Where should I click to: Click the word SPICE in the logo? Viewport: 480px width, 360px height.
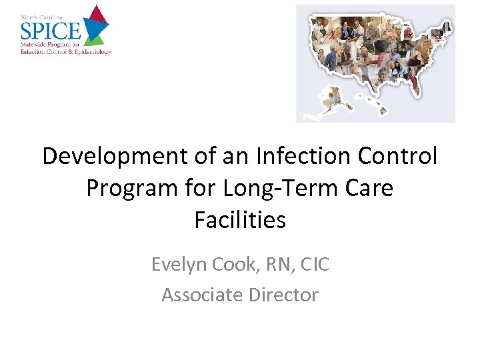(51, 30)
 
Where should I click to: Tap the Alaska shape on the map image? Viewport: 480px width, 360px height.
(327, 102)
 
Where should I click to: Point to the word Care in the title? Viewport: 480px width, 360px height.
(367, 189)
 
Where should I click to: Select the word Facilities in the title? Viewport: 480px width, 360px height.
(240, 220)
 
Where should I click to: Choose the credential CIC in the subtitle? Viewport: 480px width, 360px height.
(313, 265)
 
